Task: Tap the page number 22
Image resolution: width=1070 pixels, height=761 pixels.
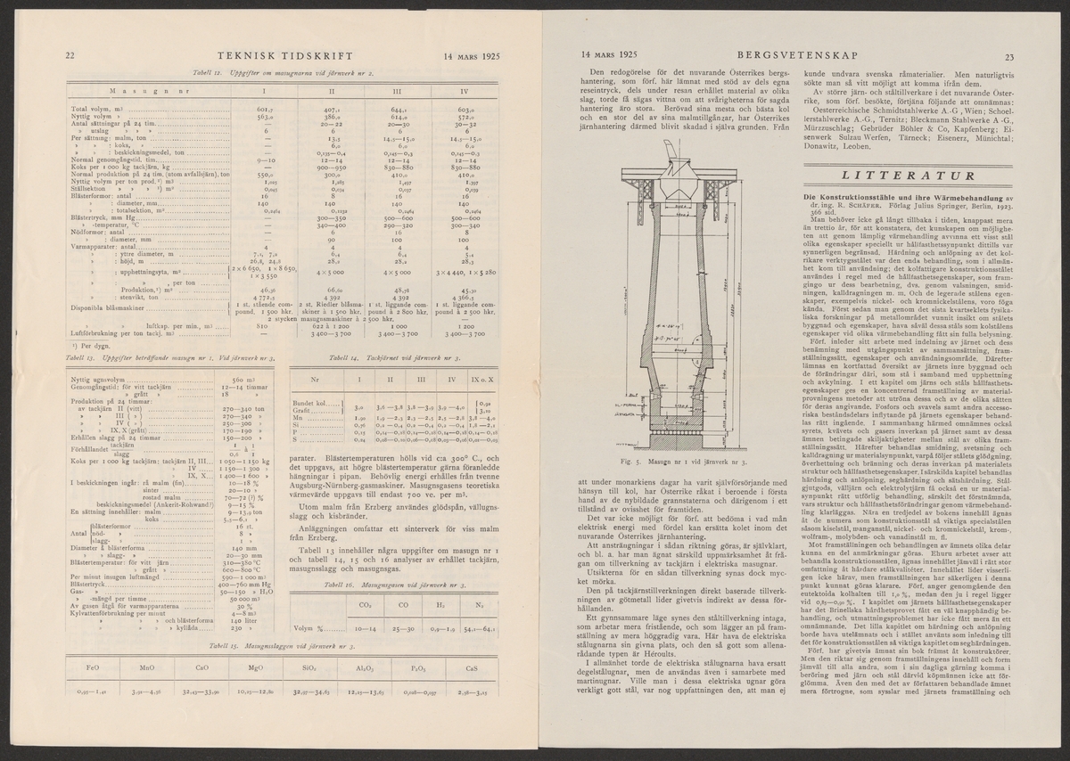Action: pyautogui.click(x=70, y=56)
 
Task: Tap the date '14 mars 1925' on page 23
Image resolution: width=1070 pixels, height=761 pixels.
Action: pyautogui.click(x=613, y=56)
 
